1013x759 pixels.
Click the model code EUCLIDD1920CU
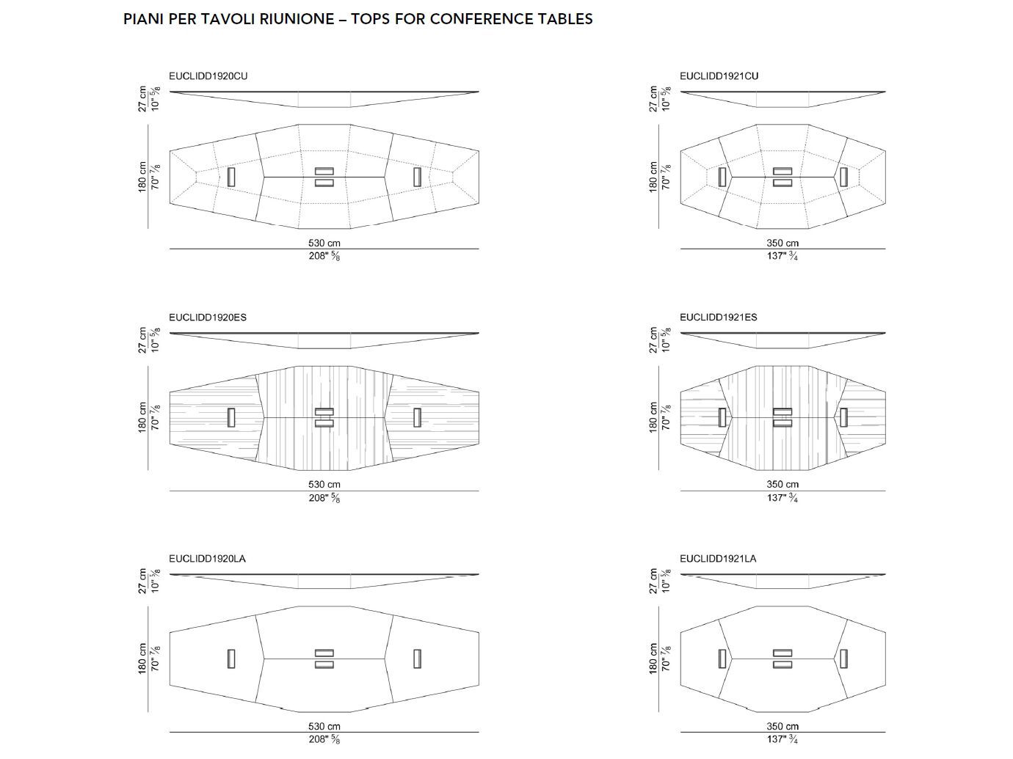tap(203, 76)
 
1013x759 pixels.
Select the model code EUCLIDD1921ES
tap(718, 317)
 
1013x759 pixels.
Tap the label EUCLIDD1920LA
tap(207, 558)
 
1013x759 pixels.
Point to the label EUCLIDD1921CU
tap(719, 76)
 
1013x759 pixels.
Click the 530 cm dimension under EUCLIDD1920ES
tap(324, 484)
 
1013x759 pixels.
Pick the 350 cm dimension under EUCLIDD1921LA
tap(783, 726)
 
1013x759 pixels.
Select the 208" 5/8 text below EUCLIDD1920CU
tap(324, 256)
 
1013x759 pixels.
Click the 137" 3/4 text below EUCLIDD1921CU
tap(783, 256)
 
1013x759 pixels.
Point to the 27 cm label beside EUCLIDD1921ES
tap(653, 340)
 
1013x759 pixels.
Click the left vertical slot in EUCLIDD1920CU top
tap(231, 177)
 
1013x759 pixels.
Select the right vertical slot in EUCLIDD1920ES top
tap(417, 417)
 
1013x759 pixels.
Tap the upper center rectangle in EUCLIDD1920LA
tap(324, 653)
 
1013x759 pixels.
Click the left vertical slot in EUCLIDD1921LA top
tap(722, 659)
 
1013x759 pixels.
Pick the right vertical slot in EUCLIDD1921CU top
tap(843, 177)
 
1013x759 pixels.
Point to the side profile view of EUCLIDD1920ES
tap(324, 340)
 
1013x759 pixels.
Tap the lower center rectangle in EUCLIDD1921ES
tap(783, 423)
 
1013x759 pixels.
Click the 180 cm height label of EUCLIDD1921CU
tap(653, 177)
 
